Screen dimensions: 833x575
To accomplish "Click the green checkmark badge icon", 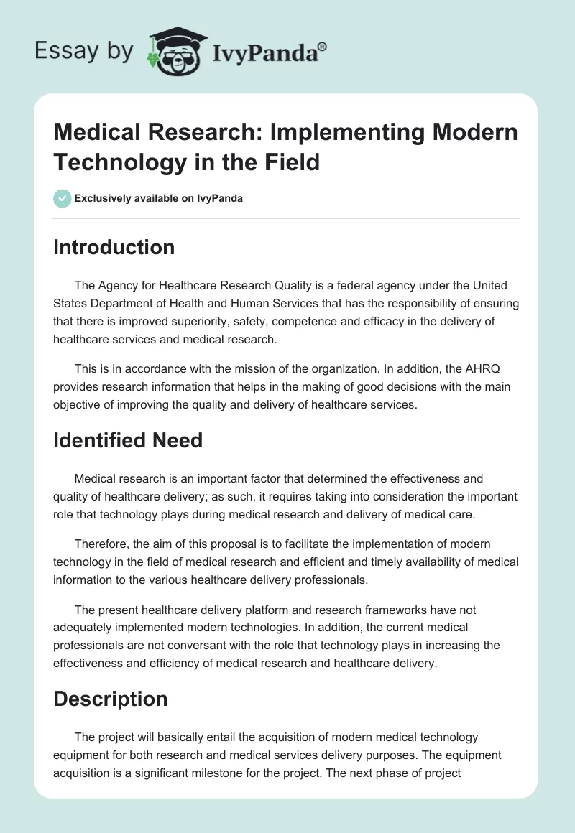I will coord(63,199).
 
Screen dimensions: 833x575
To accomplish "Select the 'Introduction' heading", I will coord(114,247).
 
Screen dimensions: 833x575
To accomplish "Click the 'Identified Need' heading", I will coord(128,439).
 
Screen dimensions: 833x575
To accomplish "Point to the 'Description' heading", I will coord(110,699).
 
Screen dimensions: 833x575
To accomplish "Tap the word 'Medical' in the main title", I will coord(92,134).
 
